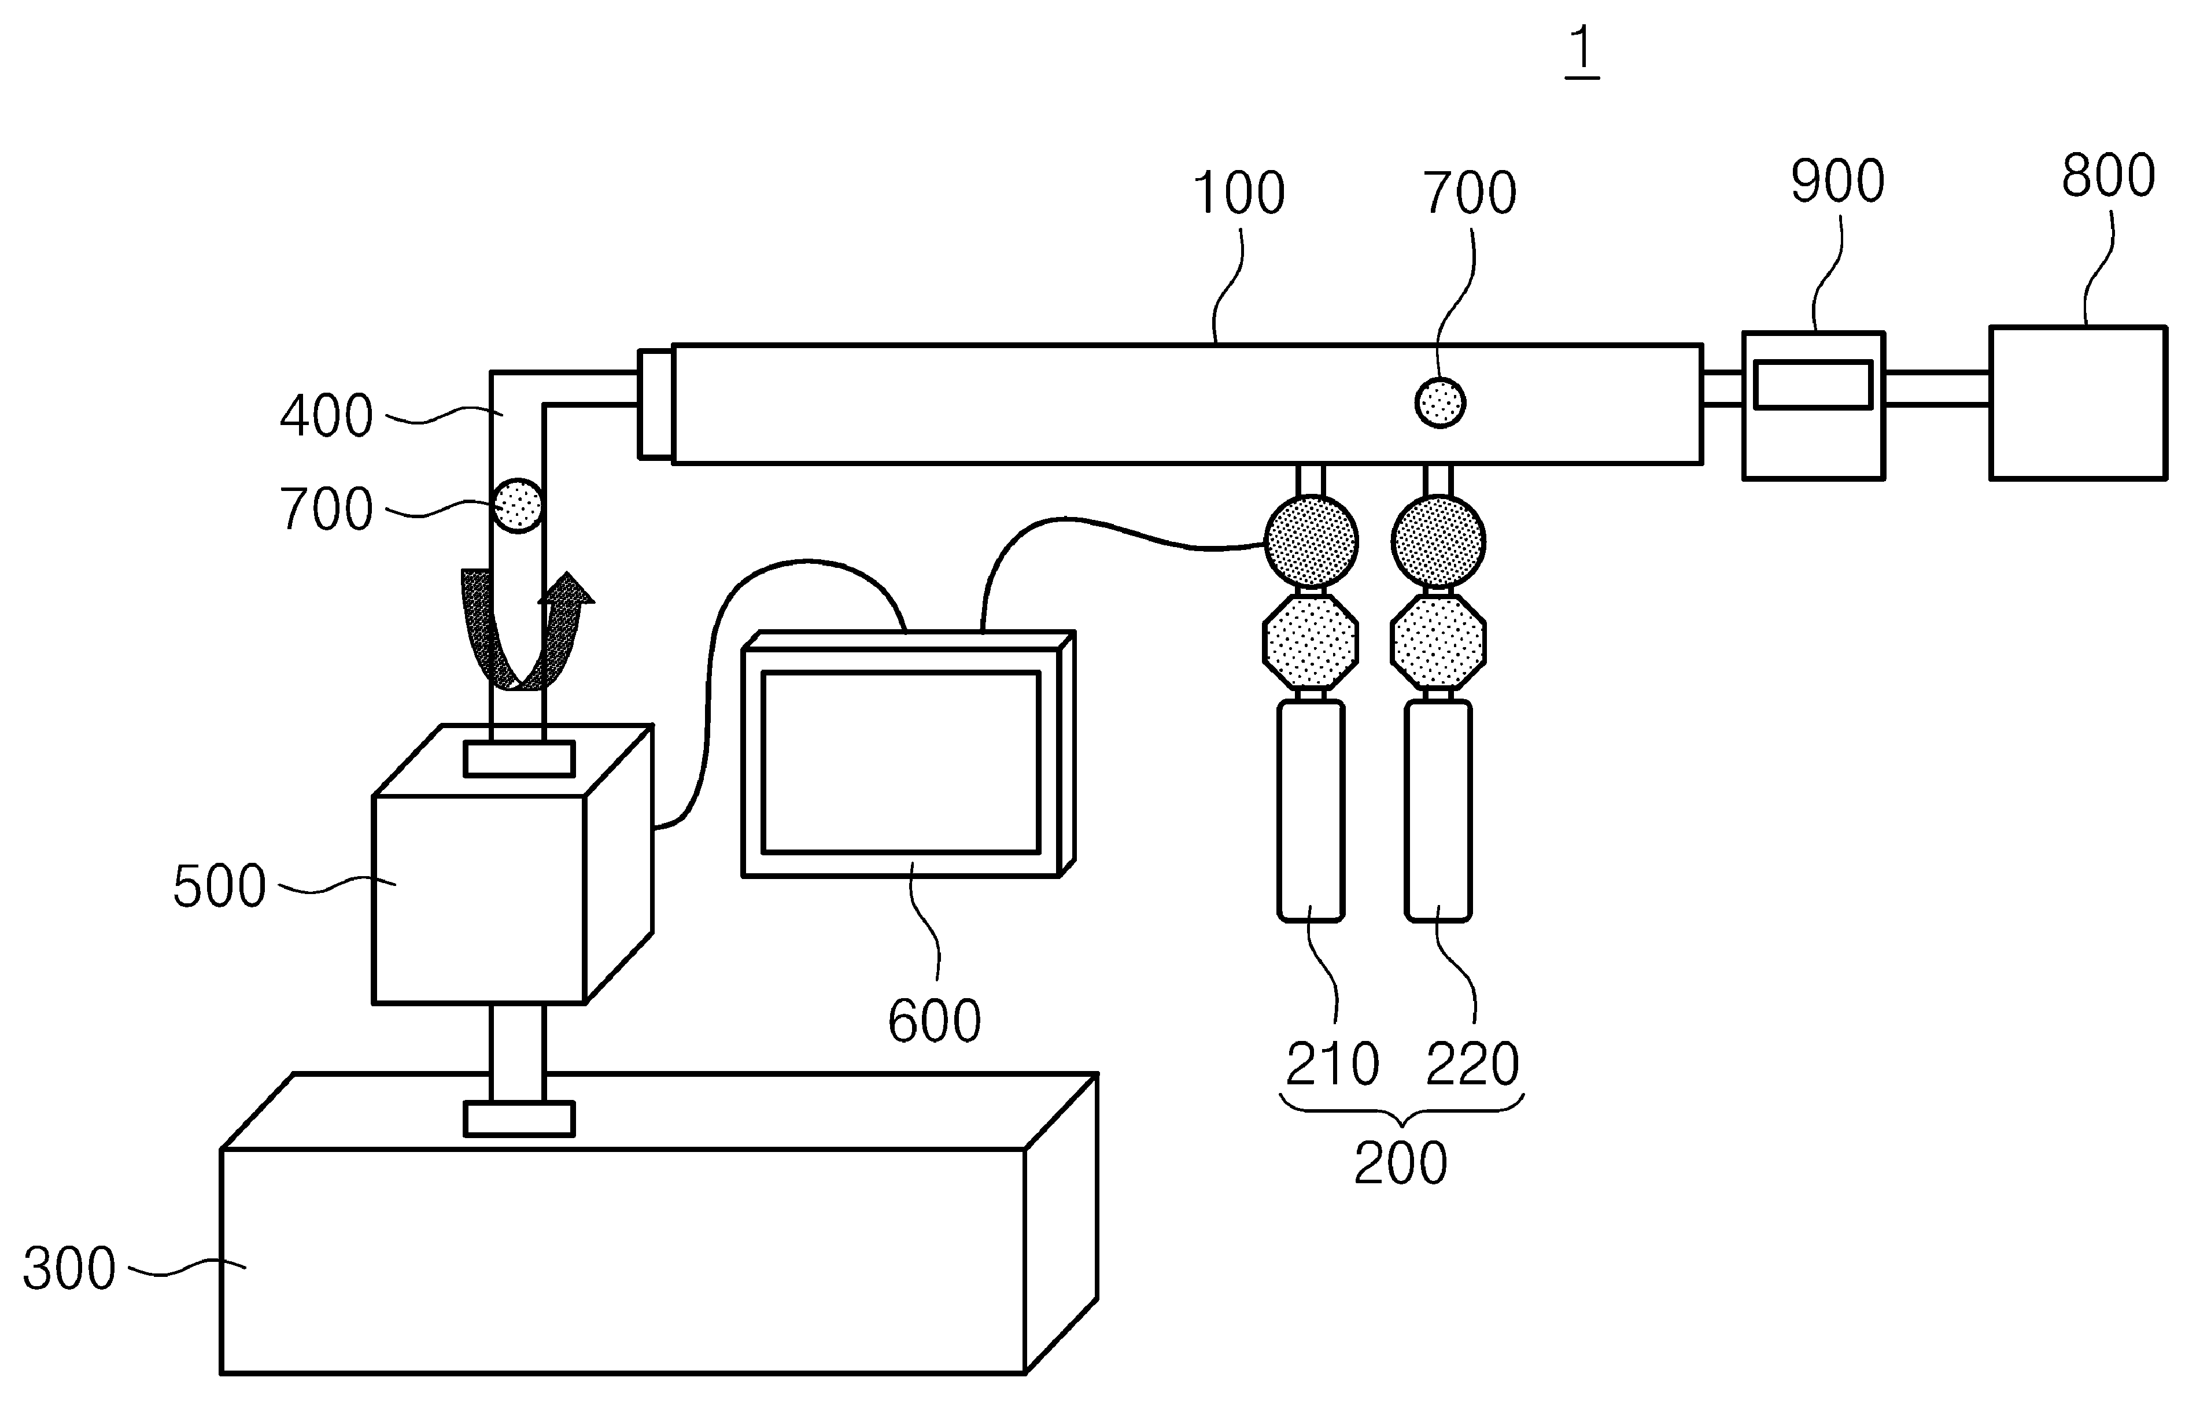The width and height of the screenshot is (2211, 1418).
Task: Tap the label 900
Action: [x=1837, y=182]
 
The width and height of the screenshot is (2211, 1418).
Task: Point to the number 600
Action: [x=935, y=1021]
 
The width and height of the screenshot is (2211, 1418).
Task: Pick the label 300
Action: [x=69, y=1269]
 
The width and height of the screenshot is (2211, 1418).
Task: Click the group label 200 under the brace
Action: [x=1400, y=1164]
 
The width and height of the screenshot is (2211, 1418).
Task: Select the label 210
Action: [x=1332, y=1065]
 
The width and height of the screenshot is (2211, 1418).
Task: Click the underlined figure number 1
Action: [x=1581, y=51]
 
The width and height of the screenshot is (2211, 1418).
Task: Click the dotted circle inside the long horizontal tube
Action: [x=1439, y=402]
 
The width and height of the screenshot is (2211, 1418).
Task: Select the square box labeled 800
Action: [x=2077, y=402]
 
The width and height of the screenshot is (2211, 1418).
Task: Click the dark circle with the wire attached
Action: [x=1311, y=541]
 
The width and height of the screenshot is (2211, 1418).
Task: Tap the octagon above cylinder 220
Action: [x=1438, y=641]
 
